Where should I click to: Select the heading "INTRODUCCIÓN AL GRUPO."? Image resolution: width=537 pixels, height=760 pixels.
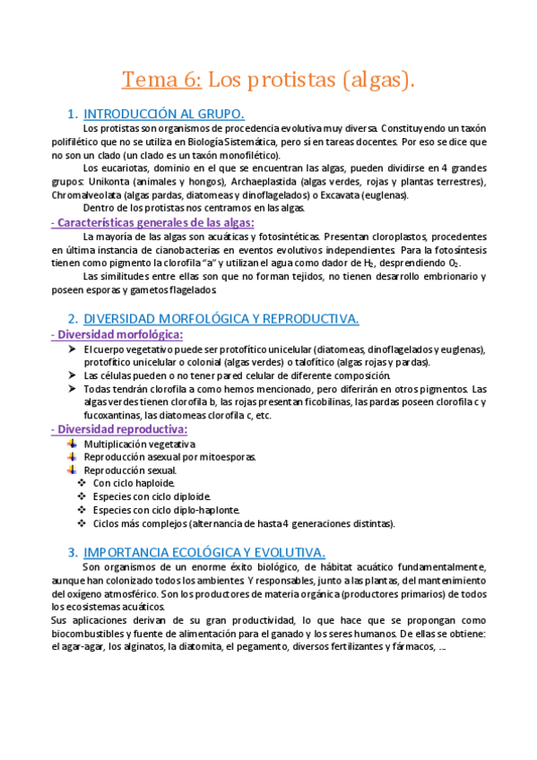[x=164, y=114]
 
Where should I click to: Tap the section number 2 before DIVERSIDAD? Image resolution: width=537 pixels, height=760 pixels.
[x=72, y=318]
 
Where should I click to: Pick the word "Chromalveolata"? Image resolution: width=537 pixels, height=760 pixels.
[x=85, y=194]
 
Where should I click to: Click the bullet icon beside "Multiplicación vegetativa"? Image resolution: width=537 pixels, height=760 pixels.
[x=72, y=444]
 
